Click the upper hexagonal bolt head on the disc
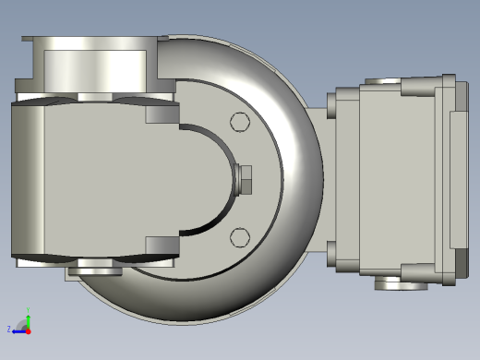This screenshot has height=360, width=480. click(x=240, y=122)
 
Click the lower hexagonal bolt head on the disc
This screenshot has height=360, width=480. click(x=240, y=237)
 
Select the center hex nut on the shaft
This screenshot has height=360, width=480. click(x=245, y=179)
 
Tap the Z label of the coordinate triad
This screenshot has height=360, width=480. click(x=9, y=329)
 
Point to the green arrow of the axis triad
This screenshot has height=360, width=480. click(x=29, y=317)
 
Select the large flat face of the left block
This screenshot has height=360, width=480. click(x=83, y=180)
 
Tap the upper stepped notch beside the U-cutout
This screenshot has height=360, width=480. click(x=162, y=114)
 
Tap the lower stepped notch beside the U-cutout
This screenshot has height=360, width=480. click(x=162, y=246)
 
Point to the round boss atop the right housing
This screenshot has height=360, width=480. click(x=382, y=81)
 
